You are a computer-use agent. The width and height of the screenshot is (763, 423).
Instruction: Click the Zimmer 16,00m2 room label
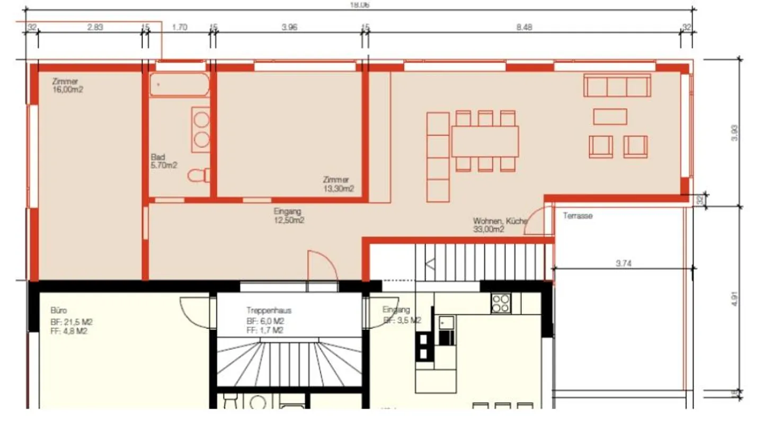point(67,85)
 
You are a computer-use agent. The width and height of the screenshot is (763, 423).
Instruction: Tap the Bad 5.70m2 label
point(163,161)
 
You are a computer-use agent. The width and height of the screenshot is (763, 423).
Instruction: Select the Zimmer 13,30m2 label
point(338,184)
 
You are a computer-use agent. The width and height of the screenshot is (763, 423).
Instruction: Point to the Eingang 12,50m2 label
point(288,215)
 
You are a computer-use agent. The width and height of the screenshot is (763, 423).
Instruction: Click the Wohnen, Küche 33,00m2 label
point(499,225)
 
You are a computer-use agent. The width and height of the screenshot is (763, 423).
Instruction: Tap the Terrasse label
point(578,216)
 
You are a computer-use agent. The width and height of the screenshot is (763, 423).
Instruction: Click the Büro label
point(58,310)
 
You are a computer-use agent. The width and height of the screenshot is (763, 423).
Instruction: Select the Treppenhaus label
point(269,310)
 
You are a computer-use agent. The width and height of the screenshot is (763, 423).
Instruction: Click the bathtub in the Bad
point(179,85)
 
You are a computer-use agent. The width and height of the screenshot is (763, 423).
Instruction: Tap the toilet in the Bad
point(200,175)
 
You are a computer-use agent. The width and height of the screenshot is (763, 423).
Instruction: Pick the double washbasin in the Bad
point(201,130)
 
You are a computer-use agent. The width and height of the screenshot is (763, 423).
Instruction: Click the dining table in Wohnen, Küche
point(485,141)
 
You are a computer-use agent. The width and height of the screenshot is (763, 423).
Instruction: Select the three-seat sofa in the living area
point(617,85)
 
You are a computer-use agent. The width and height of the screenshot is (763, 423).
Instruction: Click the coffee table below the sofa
point(610,116)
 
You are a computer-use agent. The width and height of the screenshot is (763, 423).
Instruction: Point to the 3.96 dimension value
point(289,28)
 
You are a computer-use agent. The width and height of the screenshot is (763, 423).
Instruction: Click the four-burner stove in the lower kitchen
point(500,303)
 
